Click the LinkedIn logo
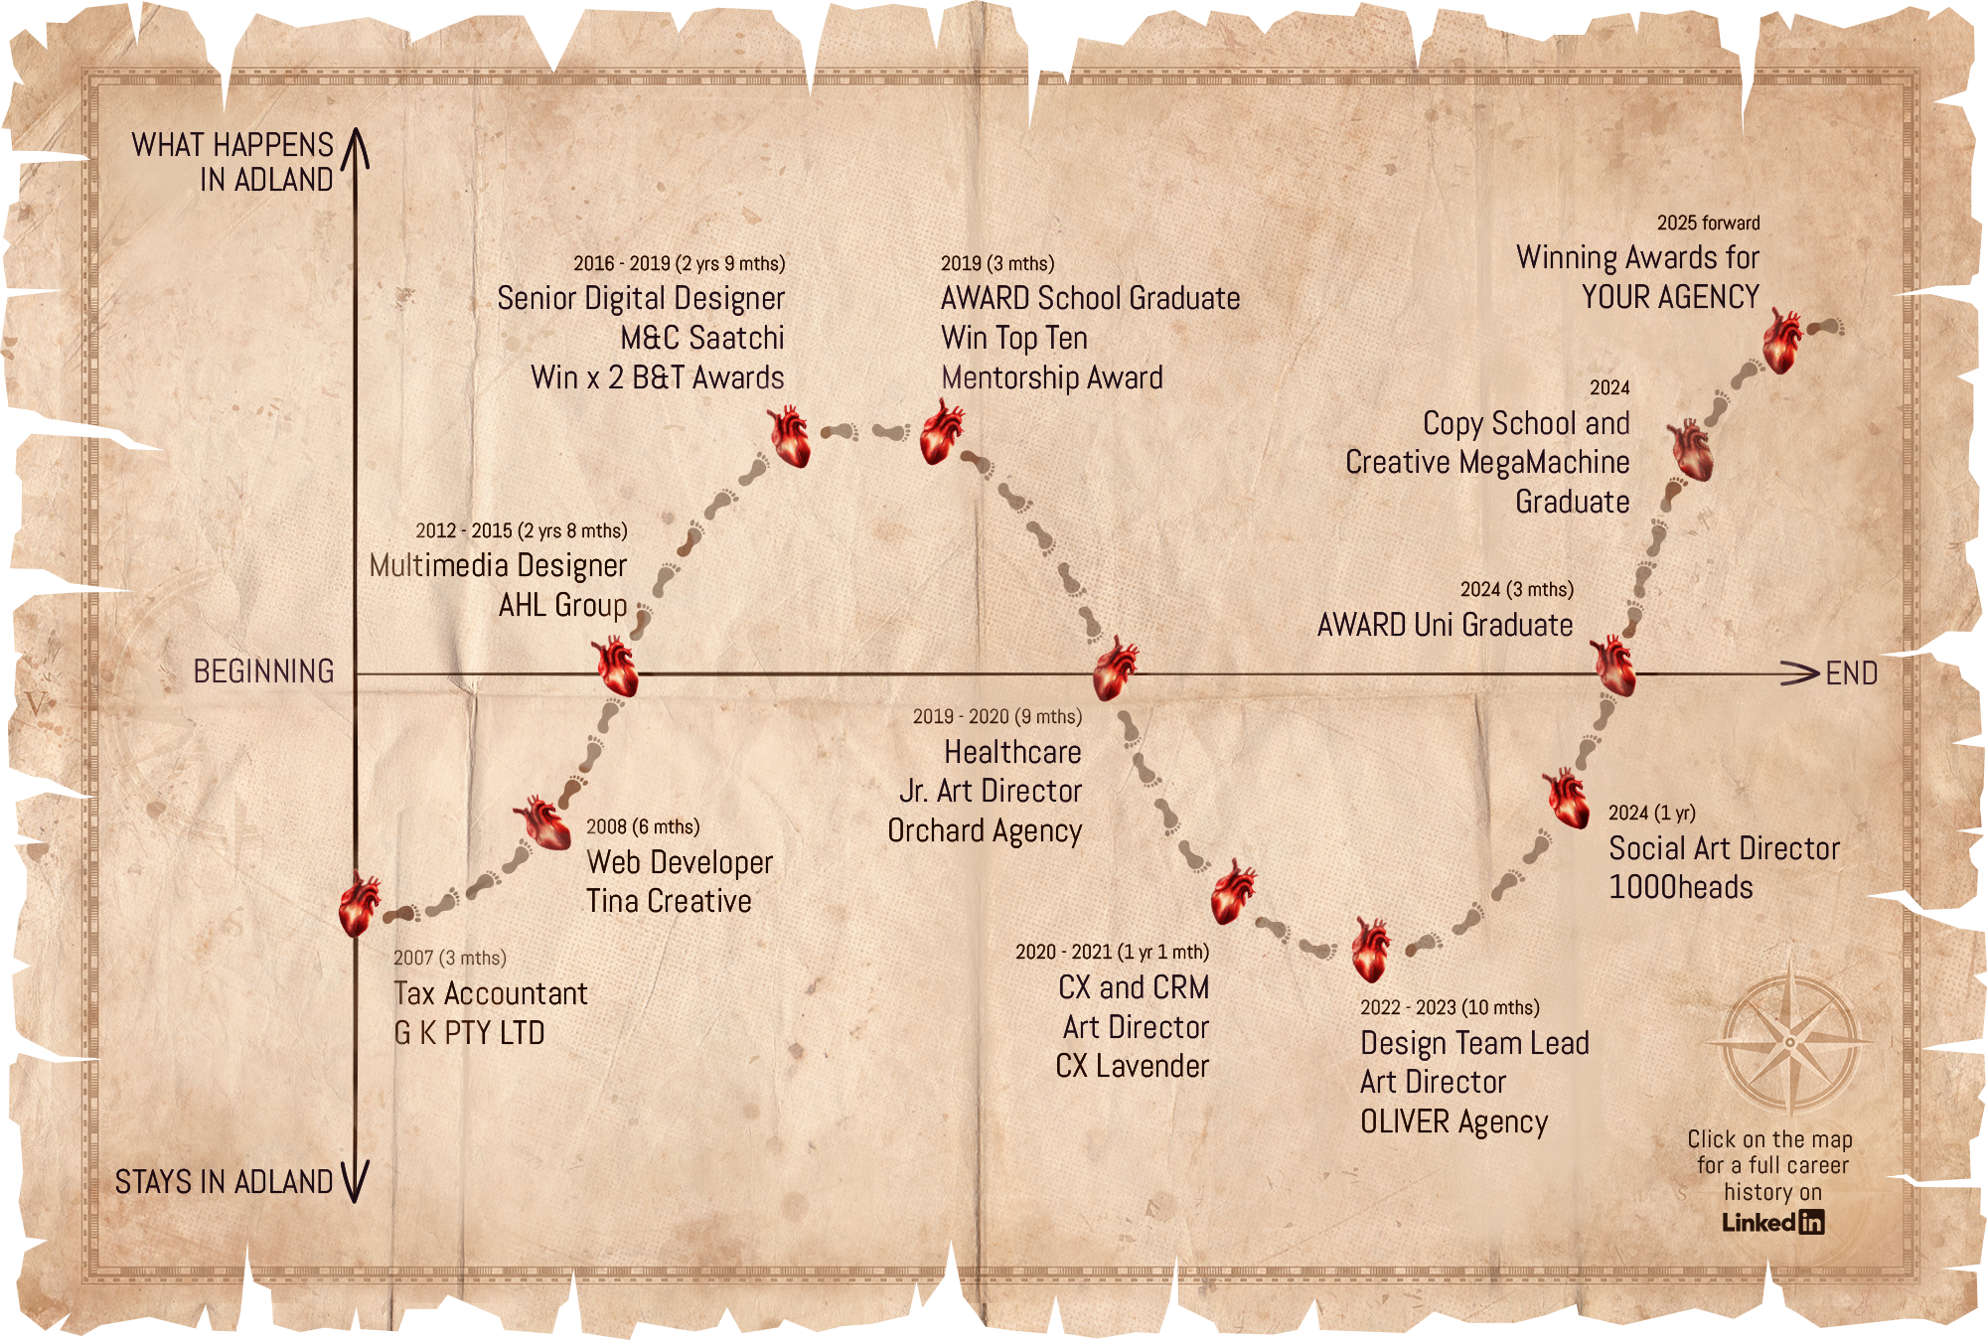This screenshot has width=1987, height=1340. pos(1772,1222)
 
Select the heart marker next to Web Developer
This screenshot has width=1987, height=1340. pos(541,822)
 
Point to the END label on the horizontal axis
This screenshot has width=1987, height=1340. pos(1851,673)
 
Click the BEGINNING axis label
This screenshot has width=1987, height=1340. pos(263,671)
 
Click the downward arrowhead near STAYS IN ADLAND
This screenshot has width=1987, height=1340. pos(355,1182)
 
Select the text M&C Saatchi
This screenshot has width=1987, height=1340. pos(701,338)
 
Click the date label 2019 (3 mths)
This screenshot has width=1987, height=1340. pos(996,263)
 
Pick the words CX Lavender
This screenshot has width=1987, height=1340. pos(1132,1066)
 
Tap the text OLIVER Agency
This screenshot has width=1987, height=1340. pos(1453,1121)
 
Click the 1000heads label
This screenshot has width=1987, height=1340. pos(1680,887)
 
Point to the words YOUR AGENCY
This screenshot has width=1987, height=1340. pos(1670,297)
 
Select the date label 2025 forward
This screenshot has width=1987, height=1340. pos(1708,223)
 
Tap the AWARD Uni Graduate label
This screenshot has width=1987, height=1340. pos(1445,625)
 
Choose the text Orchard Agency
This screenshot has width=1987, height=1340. pos(984,830)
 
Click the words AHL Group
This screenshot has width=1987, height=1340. pos(562,605)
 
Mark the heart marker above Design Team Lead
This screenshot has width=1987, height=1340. pos(1370,950)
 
